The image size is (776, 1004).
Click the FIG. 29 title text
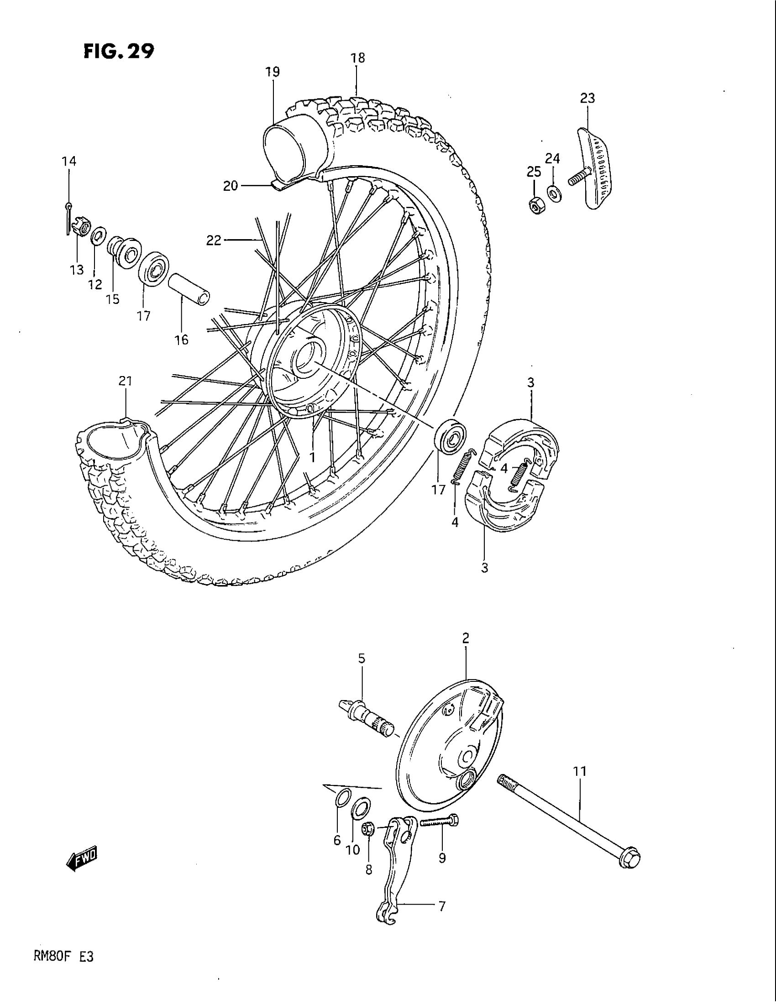click(119, 52)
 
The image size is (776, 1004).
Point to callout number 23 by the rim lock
click(587, 98)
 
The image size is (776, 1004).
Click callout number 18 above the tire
click(358, 58)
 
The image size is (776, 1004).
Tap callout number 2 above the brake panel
click(465, 638)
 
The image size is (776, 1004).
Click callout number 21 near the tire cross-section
click(125, 381)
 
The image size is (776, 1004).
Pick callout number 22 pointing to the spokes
click(214, 240)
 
